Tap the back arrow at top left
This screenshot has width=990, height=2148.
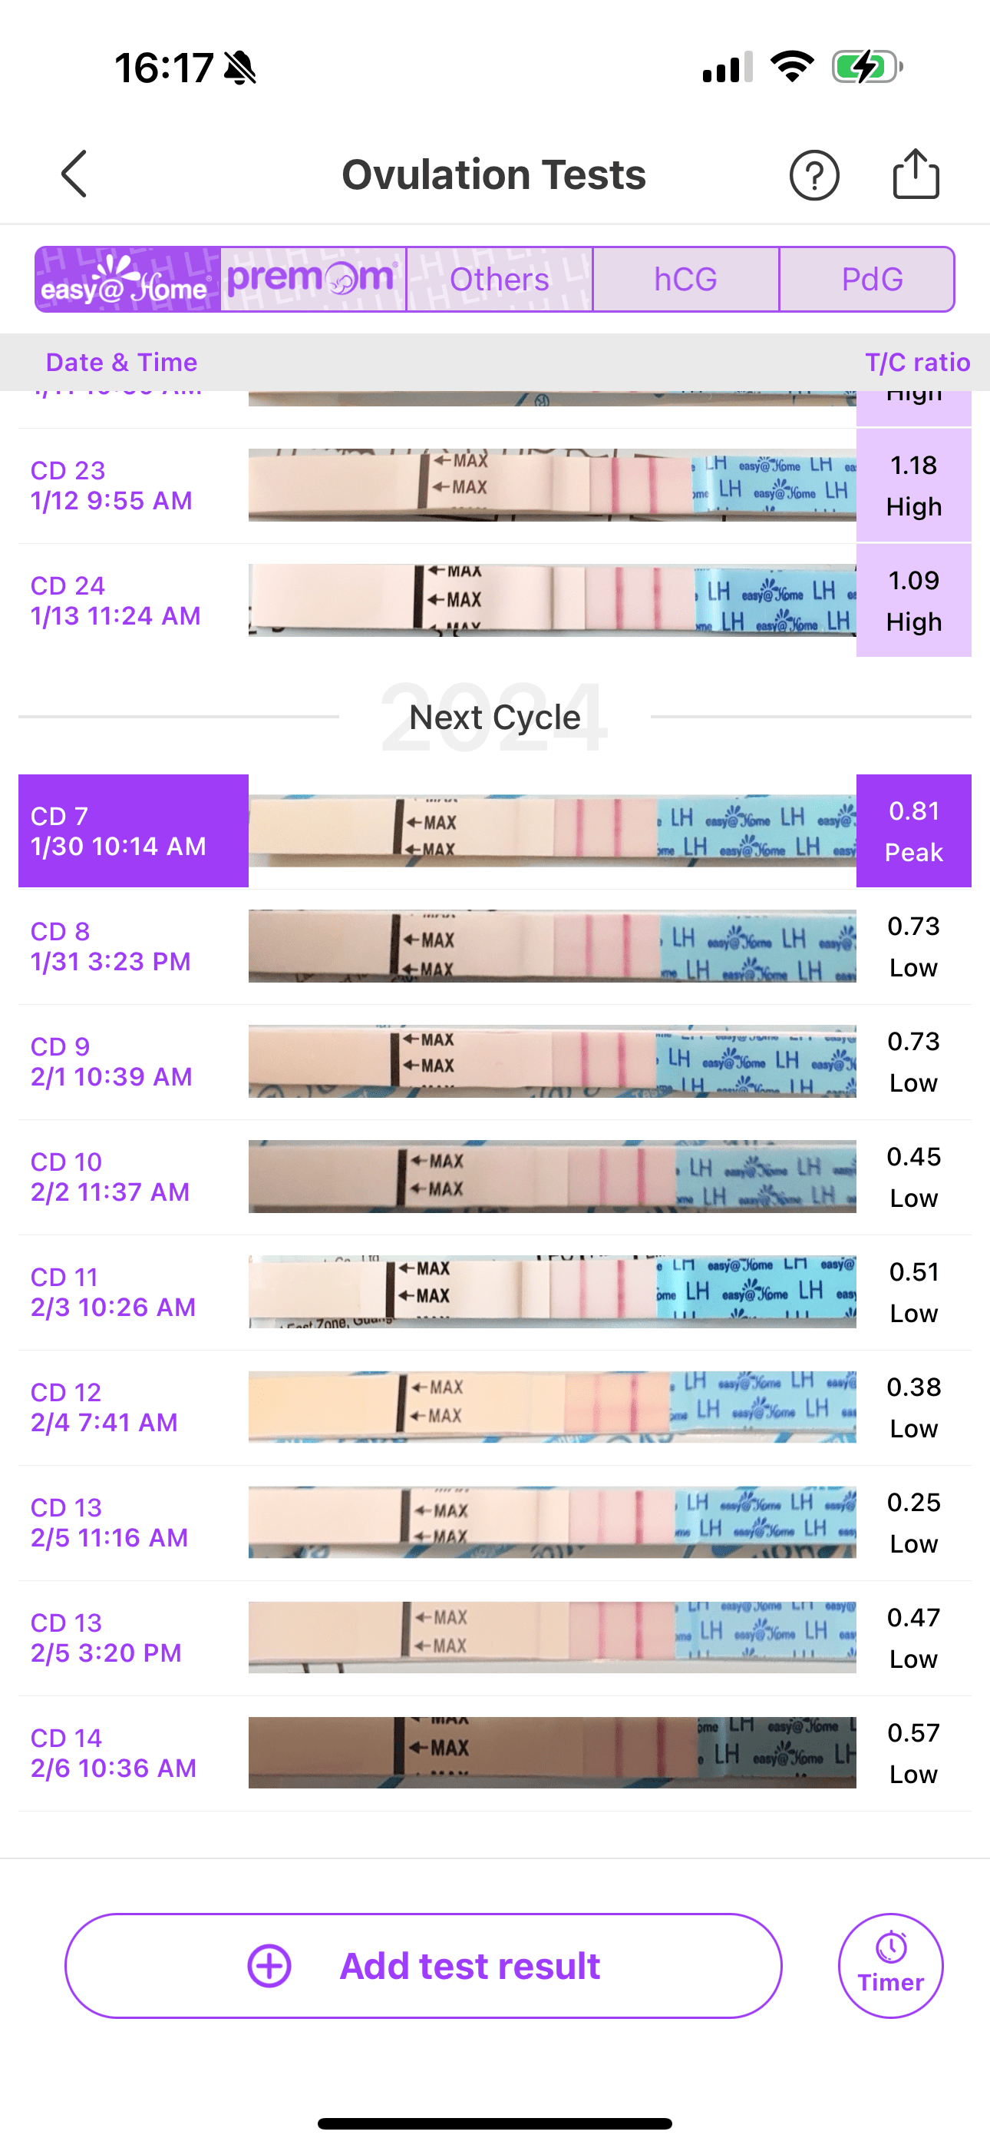[x=74, y=174]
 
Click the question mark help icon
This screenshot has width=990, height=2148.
[x=813, y=175]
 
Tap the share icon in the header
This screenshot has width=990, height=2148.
[x=916, y=174]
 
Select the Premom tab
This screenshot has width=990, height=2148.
[x=313, y=280]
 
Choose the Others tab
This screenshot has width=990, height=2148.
[x=499, y=280]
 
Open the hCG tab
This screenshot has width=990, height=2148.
[x=686, y=280]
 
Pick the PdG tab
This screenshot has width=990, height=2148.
[x=872, y=280]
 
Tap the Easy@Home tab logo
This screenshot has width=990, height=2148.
[x=127, y=280]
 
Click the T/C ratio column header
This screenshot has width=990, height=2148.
[x=916, y=362]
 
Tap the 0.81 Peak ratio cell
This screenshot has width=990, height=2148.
[x=913, y=830]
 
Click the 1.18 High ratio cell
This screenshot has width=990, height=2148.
[x=913, y=486]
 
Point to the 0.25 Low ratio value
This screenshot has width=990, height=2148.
[x=913, y=1523]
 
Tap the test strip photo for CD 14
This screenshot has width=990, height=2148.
[x=552, y=1752]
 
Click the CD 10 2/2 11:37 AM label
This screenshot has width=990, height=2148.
[x=111, y=1177]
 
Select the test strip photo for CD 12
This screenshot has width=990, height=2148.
[x=552, y=1407]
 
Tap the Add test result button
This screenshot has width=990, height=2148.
[x=424, y=1965]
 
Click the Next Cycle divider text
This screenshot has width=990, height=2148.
[x=495, y=717]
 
